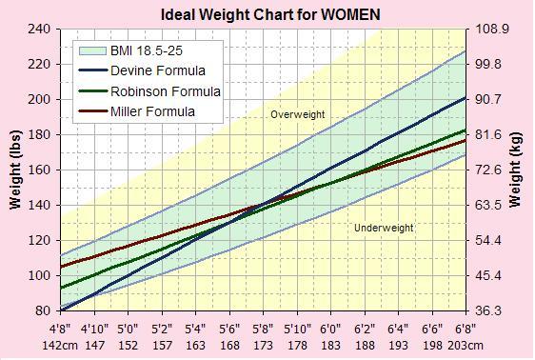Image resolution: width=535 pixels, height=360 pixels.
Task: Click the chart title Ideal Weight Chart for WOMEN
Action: click(x=270, y=14)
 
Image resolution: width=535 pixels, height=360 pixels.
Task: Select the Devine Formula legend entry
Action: click(x=142, y=70)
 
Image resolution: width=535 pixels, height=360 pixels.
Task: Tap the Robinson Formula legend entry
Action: click(x=149, y=91)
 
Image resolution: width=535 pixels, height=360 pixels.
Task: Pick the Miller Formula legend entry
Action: click(x=137, y=111)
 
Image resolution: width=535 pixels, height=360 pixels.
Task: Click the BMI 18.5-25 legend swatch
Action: click(x=92, y=50)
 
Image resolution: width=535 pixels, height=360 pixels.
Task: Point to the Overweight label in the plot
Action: click(x=298, y=114)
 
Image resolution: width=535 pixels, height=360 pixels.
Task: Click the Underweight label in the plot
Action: click(x=384, y=228)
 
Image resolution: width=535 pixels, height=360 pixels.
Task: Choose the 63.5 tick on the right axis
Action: click(x=488, y=205)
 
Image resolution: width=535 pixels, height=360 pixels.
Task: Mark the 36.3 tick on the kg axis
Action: click(x=488, y=310)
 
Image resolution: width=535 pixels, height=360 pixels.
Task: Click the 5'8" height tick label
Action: click(x=263, y=330)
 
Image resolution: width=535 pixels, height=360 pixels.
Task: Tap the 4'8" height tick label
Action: click(x=60, y=330)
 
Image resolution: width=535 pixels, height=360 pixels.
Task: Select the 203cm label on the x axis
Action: click(x=466, y=346)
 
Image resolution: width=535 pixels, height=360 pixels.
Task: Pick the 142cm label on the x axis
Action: click(x=60, y=346)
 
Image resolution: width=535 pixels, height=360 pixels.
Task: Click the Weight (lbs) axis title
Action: click(x=15, y=170)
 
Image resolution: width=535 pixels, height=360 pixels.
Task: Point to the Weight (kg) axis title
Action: click(x=515, y=170)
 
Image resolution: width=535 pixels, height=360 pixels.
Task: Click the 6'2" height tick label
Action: click(x=365, y=330)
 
